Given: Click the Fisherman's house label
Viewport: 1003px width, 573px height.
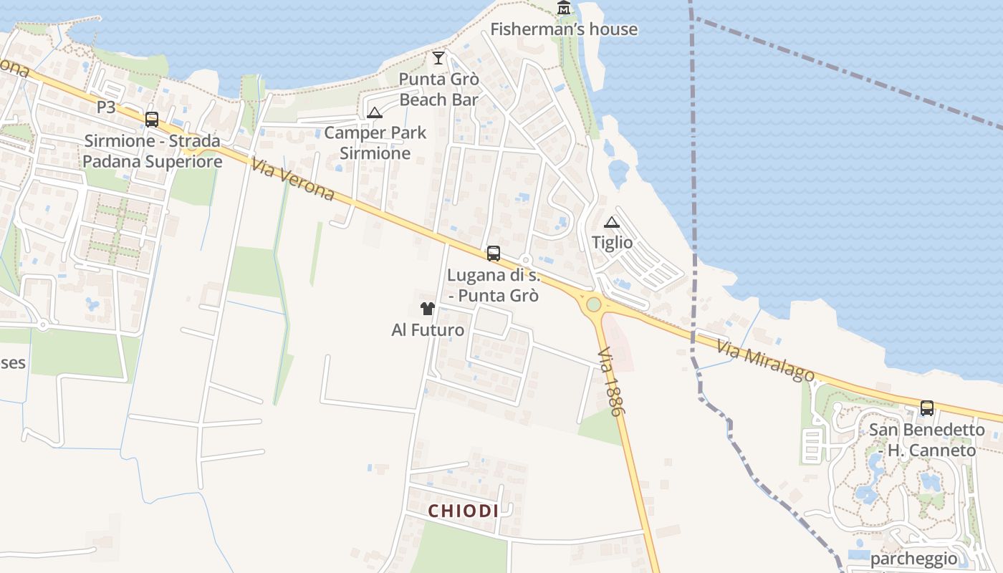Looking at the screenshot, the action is tap(563, 29).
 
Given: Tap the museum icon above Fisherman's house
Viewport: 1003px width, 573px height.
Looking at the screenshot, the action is tap(564, 8).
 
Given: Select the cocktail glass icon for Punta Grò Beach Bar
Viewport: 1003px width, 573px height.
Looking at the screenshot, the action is tap(438, 57).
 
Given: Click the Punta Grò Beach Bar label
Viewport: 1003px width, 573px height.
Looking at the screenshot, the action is tap(438, 90).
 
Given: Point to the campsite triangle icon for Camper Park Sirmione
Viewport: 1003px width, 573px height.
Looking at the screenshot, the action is tap(374, 112).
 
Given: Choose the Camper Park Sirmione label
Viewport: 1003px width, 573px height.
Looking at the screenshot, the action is tap(375, 143).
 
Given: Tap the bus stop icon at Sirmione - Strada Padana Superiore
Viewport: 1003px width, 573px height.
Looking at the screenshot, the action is tap(152, 120).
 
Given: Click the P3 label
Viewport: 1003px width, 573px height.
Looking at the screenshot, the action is tap(106, 107).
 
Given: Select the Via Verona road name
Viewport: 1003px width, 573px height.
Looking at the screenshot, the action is tap(293, 180).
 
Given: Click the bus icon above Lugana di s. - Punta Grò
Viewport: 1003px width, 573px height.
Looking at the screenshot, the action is tap(493, 253).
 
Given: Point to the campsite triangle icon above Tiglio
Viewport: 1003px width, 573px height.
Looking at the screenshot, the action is tap(611, 222).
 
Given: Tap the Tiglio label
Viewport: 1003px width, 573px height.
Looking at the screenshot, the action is tap(612, 243).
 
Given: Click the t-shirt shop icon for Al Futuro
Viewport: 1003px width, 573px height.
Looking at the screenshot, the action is tap(428, 309).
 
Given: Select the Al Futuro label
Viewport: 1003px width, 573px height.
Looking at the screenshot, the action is tap(428, 330).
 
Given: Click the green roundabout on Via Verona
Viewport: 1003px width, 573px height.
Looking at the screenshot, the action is tap(593, 304).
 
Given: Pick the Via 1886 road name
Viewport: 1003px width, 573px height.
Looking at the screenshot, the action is tap(610, 382).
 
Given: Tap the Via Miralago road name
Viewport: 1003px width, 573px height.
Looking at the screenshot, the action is tap(765, 360).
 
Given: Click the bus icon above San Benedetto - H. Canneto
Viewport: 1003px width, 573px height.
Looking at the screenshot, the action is tap(926, 408).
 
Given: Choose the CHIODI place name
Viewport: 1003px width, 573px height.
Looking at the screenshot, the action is tap(463, 511).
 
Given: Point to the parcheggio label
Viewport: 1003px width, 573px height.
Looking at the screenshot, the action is tap(913, 559).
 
